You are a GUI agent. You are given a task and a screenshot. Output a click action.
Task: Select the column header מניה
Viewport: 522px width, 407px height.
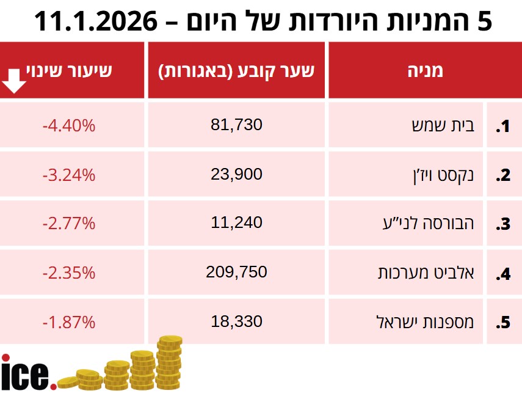click(425, 70)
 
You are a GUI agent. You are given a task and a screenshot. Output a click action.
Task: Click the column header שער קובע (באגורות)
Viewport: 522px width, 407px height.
click(236, 70)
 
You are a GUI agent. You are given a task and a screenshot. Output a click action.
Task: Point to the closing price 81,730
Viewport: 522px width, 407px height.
click(236, 125)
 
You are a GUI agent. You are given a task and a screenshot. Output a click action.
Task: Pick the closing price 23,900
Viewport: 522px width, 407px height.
click(236, 174)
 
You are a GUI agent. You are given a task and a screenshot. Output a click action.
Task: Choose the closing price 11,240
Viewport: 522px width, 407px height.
click(236, 223)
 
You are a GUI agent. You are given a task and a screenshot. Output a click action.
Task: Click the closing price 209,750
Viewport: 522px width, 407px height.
click(236, 273)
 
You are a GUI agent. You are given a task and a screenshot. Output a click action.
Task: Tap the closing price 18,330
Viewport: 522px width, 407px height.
click(236, 321)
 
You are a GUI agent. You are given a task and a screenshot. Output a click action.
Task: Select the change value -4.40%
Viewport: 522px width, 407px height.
click(69, 126)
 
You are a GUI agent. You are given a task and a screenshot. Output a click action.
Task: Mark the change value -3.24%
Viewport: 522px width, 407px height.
click(69, 175)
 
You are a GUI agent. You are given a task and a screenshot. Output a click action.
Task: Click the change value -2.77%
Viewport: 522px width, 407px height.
click(69, 224)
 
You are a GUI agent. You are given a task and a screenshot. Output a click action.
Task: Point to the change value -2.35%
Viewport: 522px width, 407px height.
click(69, 273)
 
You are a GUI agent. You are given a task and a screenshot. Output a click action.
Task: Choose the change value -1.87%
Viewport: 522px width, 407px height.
click(69, 322)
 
